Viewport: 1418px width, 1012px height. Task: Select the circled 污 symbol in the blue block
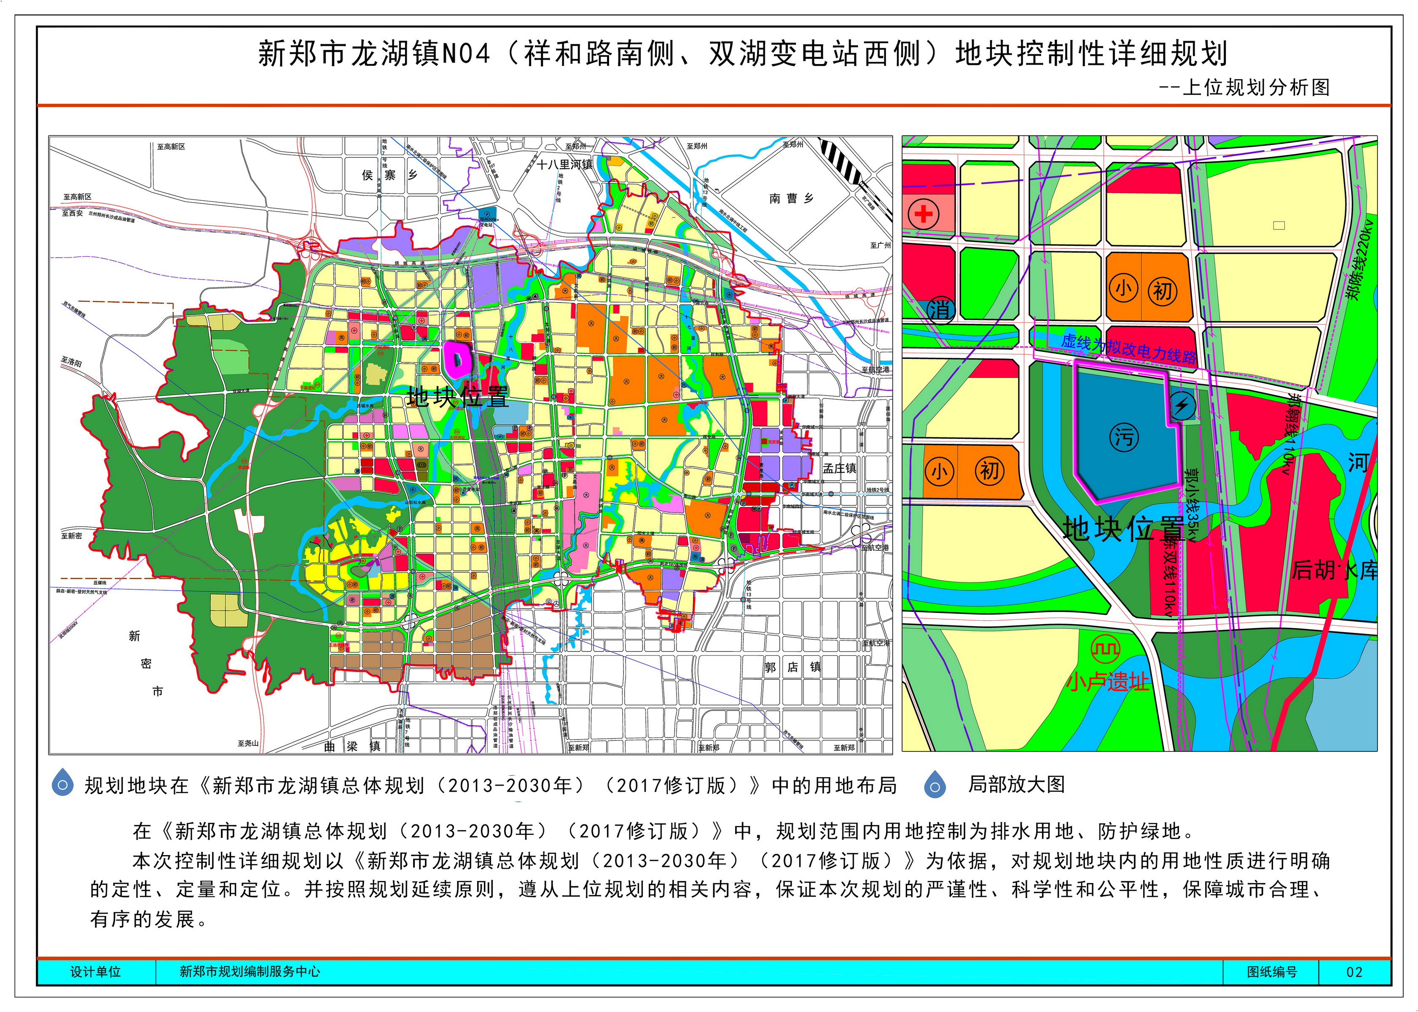click(1124, 437)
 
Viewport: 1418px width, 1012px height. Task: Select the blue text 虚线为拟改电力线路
click(1128, 348)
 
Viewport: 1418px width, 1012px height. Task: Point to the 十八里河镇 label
click(565, 164)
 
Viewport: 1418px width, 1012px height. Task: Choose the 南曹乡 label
click(791, 198)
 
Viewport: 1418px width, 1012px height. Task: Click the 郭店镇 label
click(792, 667)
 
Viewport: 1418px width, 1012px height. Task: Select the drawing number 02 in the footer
click(1354, 972)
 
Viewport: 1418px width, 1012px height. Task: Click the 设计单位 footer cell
click(95, 972)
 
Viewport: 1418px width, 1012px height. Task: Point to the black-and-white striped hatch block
click(840, 160)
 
